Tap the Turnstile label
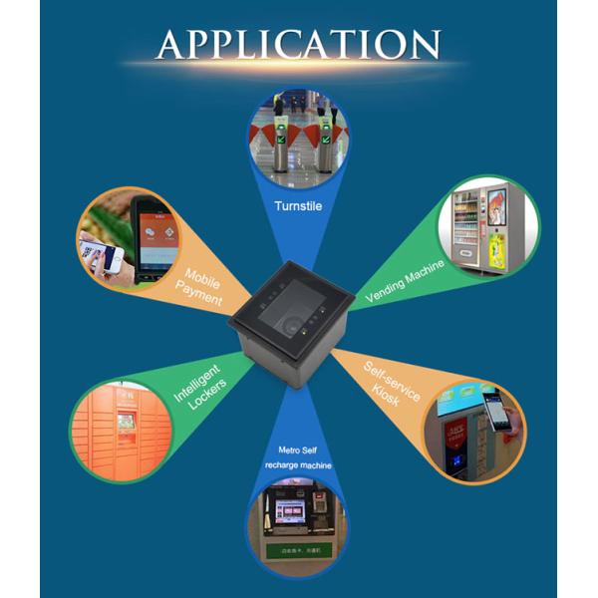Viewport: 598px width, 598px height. (298, 207)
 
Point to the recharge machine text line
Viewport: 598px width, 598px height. (297, 465)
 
